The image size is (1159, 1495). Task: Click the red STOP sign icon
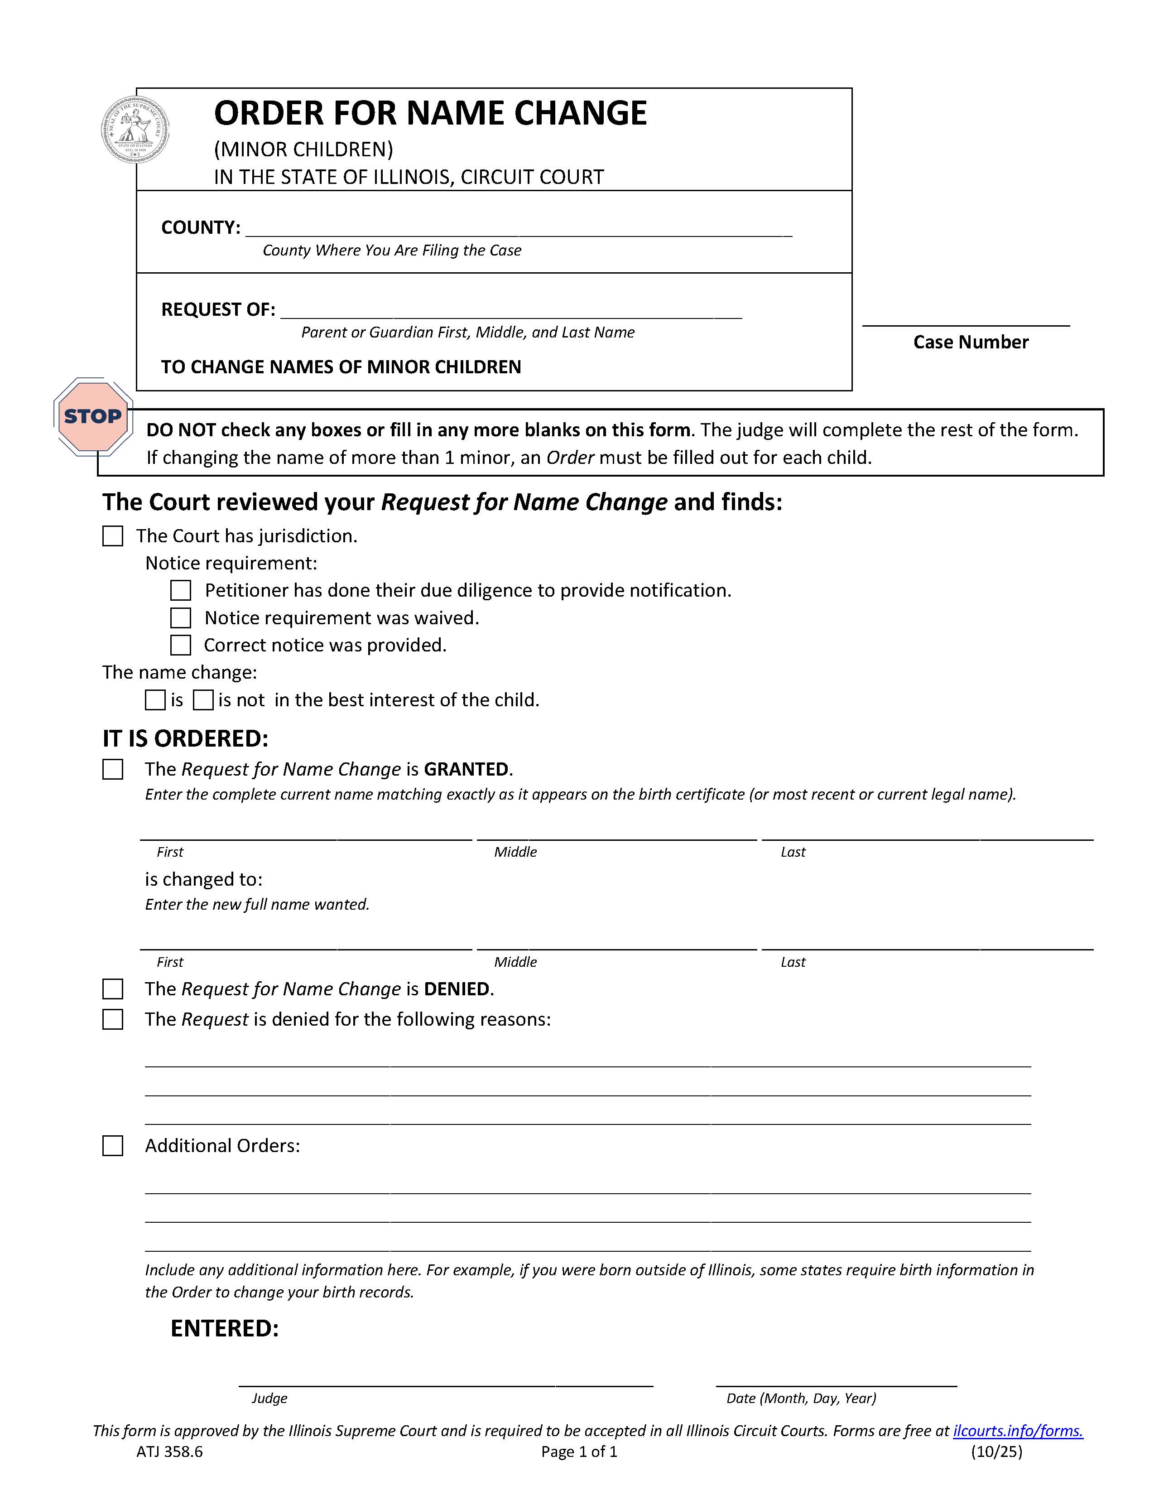coord(92,416)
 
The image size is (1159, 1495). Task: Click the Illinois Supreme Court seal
coord(135,130)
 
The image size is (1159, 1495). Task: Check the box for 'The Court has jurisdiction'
coord(113,536)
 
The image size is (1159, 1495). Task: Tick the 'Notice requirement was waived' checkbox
coord(181,618)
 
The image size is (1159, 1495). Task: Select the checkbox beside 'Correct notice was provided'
coord(181,646)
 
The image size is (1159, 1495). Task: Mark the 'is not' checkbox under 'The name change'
coord(203,700)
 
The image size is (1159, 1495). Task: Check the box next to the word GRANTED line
coord(113,769)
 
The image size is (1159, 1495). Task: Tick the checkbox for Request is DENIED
coord(113,989)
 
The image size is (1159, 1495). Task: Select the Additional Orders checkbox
coord(113,1146)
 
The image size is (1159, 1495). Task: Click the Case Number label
coord(970,342)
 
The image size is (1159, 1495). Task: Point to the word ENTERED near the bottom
coord(224,1329)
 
